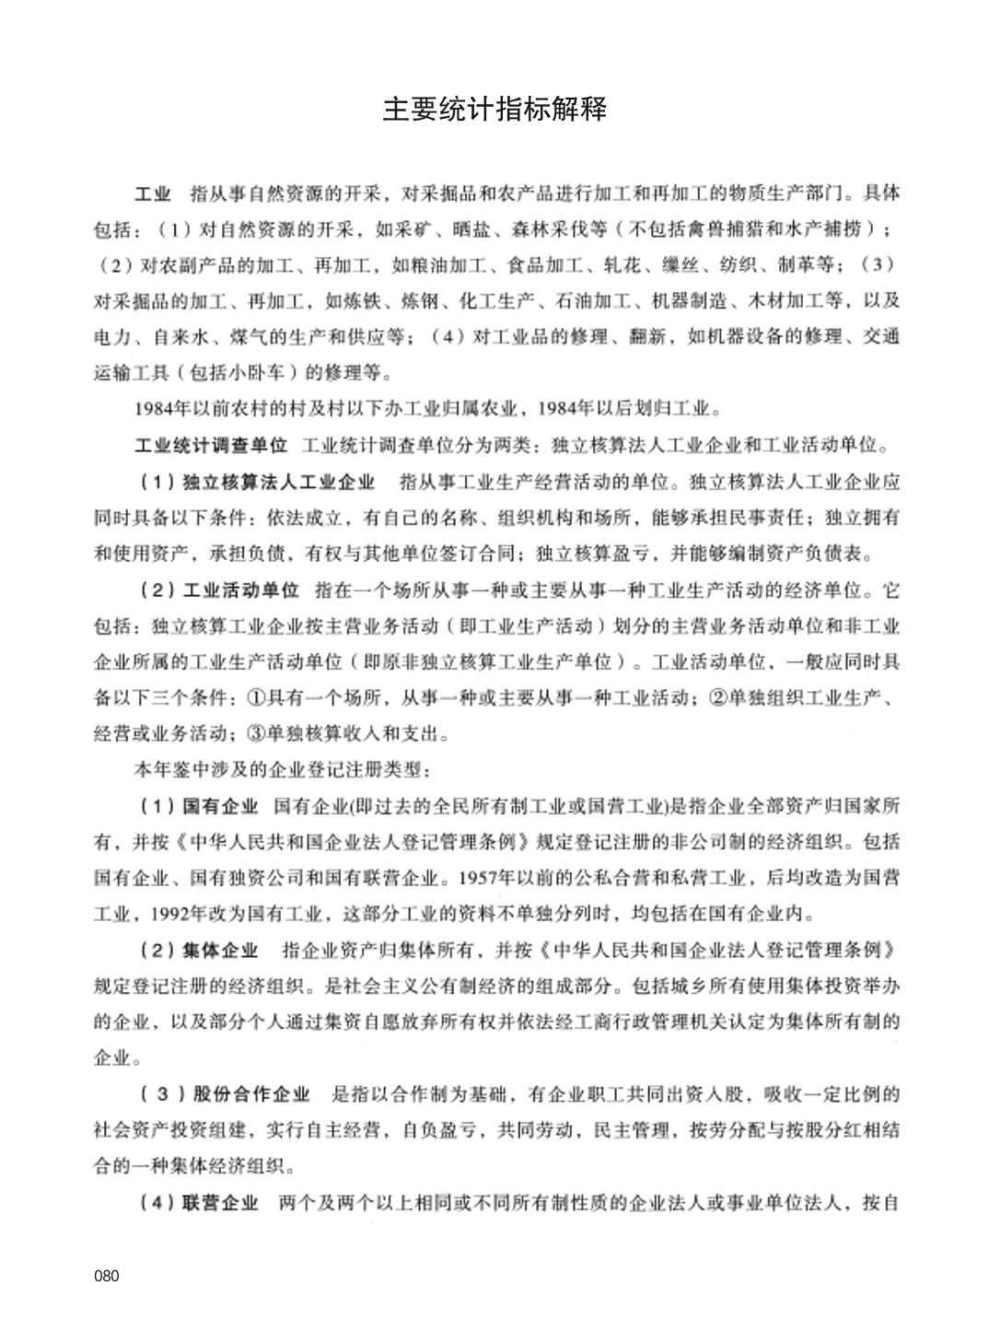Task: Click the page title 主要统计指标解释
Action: (494, 110)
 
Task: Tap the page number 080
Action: (107, 1275)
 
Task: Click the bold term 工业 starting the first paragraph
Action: (153, 194)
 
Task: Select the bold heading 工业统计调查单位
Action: (211, 446)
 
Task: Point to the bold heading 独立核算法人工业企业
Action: (279, 482)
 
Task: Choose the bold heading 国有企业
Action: (221, 806)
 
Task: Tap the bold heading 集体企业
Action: (221, 950)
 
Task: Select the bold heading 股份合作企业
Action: (250, 1094)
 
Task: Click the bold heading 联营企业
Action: (221, 1202)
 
